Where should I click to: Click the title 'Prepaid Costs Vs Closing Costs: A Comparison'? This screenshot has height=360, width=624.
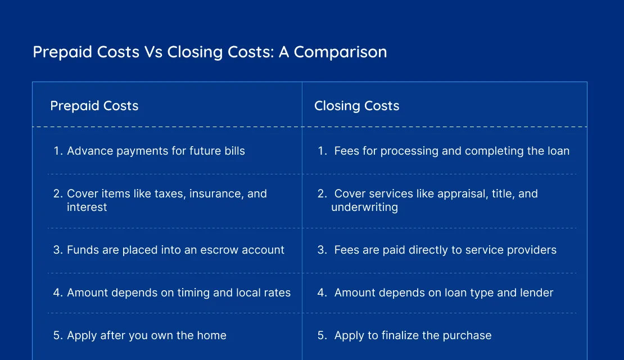click(210, 52)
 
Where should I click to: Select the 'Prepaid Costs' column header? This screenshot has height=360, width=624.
click(94, 106)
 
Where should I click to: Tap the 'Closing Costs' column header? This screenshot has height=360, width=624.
click(356, 106)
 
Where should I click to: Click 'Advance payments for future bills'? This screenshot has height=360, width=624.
click(156, 151)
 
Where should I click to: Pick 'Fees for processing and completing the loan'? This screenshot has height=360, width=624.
click(451, 151)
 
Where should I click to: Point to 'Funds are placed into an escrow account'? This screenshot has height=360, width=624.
click(175, 250)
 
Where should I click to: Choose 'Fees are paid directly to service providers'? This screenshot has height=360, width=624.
click(445, 250)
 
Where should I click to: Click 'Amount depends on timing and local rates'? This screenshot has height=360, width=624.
click(179, 292)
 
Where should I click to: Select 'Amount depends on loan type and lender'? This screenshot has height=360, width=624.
click(444, 292)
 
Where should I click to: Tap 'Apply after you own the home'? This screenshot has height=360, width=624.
click(146, 335)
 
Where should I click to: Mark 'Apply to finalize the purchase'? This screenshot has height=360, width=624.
click(413, 335)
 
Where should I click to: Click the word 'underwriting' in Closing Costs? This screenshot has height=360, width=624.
click(364, 207)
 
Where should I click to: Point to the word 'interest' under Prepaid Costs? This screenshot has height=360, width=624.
click(87, 207)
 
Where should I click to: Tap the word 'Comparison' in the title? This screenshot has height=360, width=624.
click(340, 52)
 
